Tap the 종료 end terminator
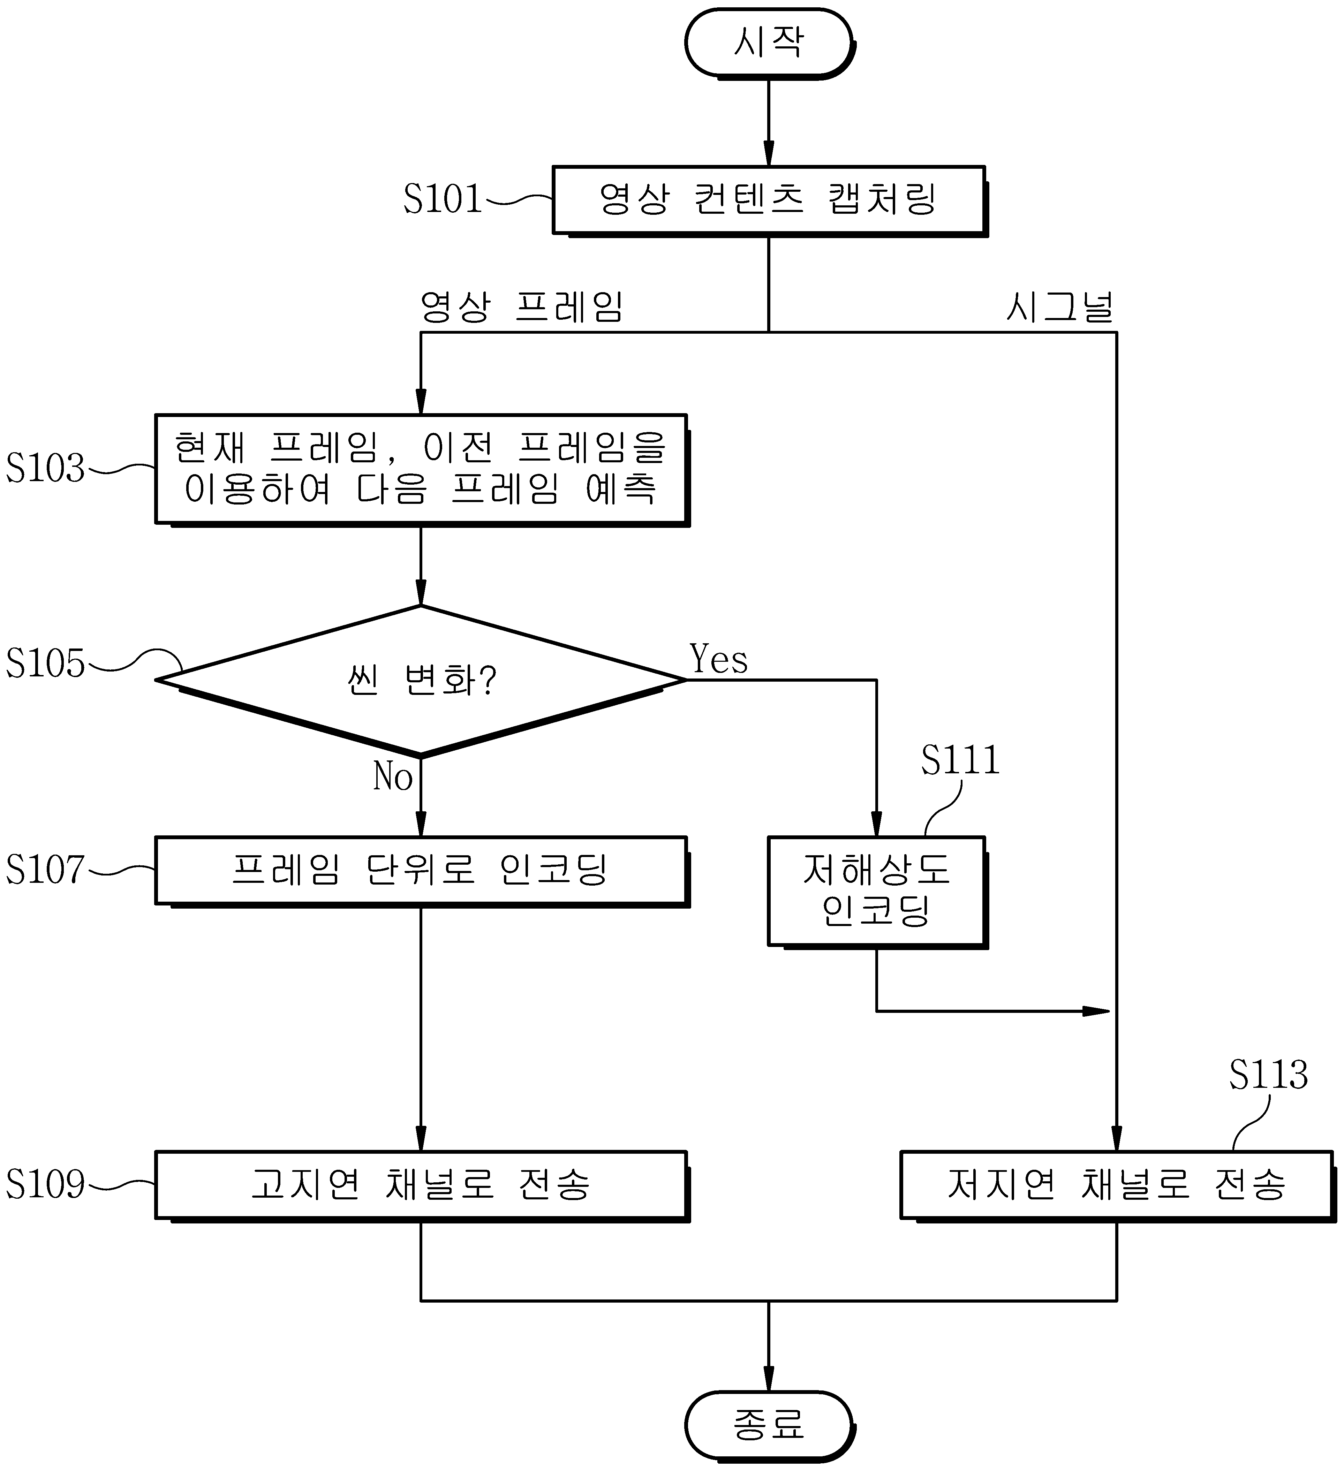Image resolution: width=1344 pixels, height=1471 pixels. [x=769, y=1425]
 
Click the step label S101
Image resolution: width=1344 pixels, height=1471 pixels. [x=443, y=198]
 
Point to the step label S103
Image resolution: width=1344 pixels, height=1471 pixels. [x=45, y=468]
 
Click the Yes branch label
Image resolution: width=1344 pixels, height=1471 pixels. [x=719, y=660]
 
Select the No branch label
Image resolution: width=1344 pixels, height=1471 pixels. [x=393, y=776]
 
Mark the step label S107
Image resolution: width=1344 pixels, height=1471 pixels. [x=45, y=869]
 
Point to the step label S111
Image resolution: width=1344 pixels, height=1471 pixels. [x=960, y=760]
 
